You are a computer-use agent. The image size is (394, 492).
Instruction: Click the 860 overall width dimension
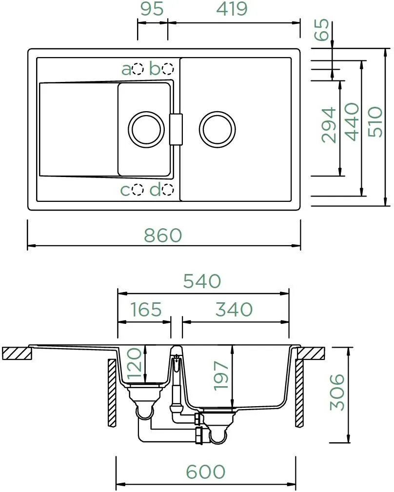(163, 236)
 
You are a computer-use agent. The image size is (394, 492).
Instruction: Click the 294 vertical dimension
(329, 125)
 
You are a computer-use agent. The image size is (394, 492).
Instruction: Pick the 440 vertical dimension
(352, 122)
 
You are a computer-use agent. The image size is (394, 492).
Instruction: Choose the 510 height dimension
(375, 122)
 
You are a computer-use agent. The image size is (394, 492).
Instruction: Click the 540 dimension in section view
(202, 281)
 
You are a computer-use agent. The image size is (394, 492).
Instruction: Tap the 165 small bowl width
(146, 309)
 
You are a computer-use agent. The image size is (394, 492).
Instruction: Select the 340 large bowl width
(234, 309)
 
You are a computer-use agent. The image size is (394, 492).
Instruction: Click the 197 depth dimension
(220, 375)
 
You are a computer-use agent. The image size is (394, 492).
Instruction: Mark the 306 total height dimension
(337, 392)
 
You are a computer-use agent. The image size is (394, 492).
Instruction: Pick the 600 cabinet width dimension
(205, 472)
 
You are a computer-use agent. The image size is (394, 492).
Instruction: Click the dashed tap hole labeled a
(138, 69)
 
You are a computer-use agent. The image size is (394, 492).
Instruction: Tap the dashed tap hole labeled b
(168, 69)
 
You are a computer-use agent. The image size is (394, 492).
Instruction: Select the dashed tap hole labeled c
(138, 189)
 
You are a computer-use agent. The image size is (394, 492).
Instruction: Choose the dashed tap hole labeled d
(168, 189)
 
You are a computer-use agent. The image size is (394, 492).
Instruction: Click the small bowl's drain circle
(146, 111)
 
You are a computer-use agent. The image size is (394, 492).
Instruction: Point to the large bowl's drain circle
(217, 111)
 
